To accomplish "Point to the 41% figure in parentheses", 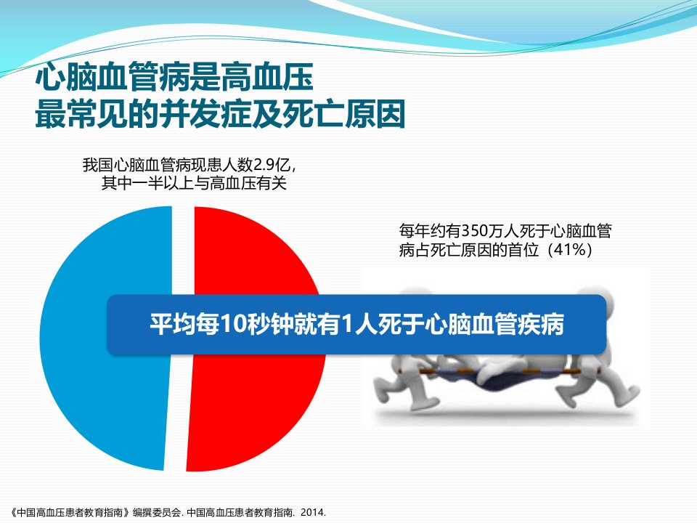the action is point(570,249).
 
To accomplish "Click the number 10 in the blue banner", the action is point(233,324).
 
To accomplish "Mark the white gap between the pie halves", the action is point(179,338).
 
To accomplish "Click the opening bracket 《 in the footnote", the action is point(13,512).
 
